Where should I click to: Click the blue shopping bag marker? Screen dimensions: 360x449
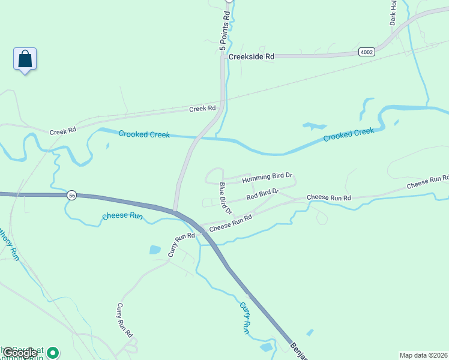[25, 59]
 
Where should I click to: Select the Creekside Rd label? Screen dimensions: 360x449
[252, 56]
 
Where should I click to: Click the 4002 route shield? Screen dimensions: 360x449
[367, 52]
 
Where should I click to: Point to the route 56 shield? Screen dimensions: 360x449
[72, 196]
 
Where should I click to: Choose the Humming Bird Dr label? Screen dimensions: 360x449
[267, 178]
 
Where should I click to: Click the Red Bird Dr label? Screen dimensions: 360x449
[262, 194]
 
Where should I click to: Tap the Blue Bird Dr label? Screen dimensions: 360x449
[225, 198]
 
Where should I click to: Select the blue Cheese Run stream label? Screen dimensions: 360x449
[122, 216]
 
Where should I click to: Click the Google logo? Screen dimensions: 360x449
[20, 353]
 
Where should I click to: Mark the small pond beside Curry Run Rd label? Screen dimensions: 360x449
[155, 249]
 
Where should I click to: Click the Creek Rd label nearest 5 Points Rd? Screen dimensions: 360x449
[202, 109]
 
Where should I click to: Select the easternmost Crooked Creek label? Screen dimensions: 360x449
[348, 135]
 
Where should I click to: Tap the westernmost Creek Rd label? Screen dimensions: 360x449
[63, 131]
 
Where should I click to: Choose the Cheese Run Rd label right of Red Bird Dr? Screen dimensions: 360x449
[328, 197]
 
